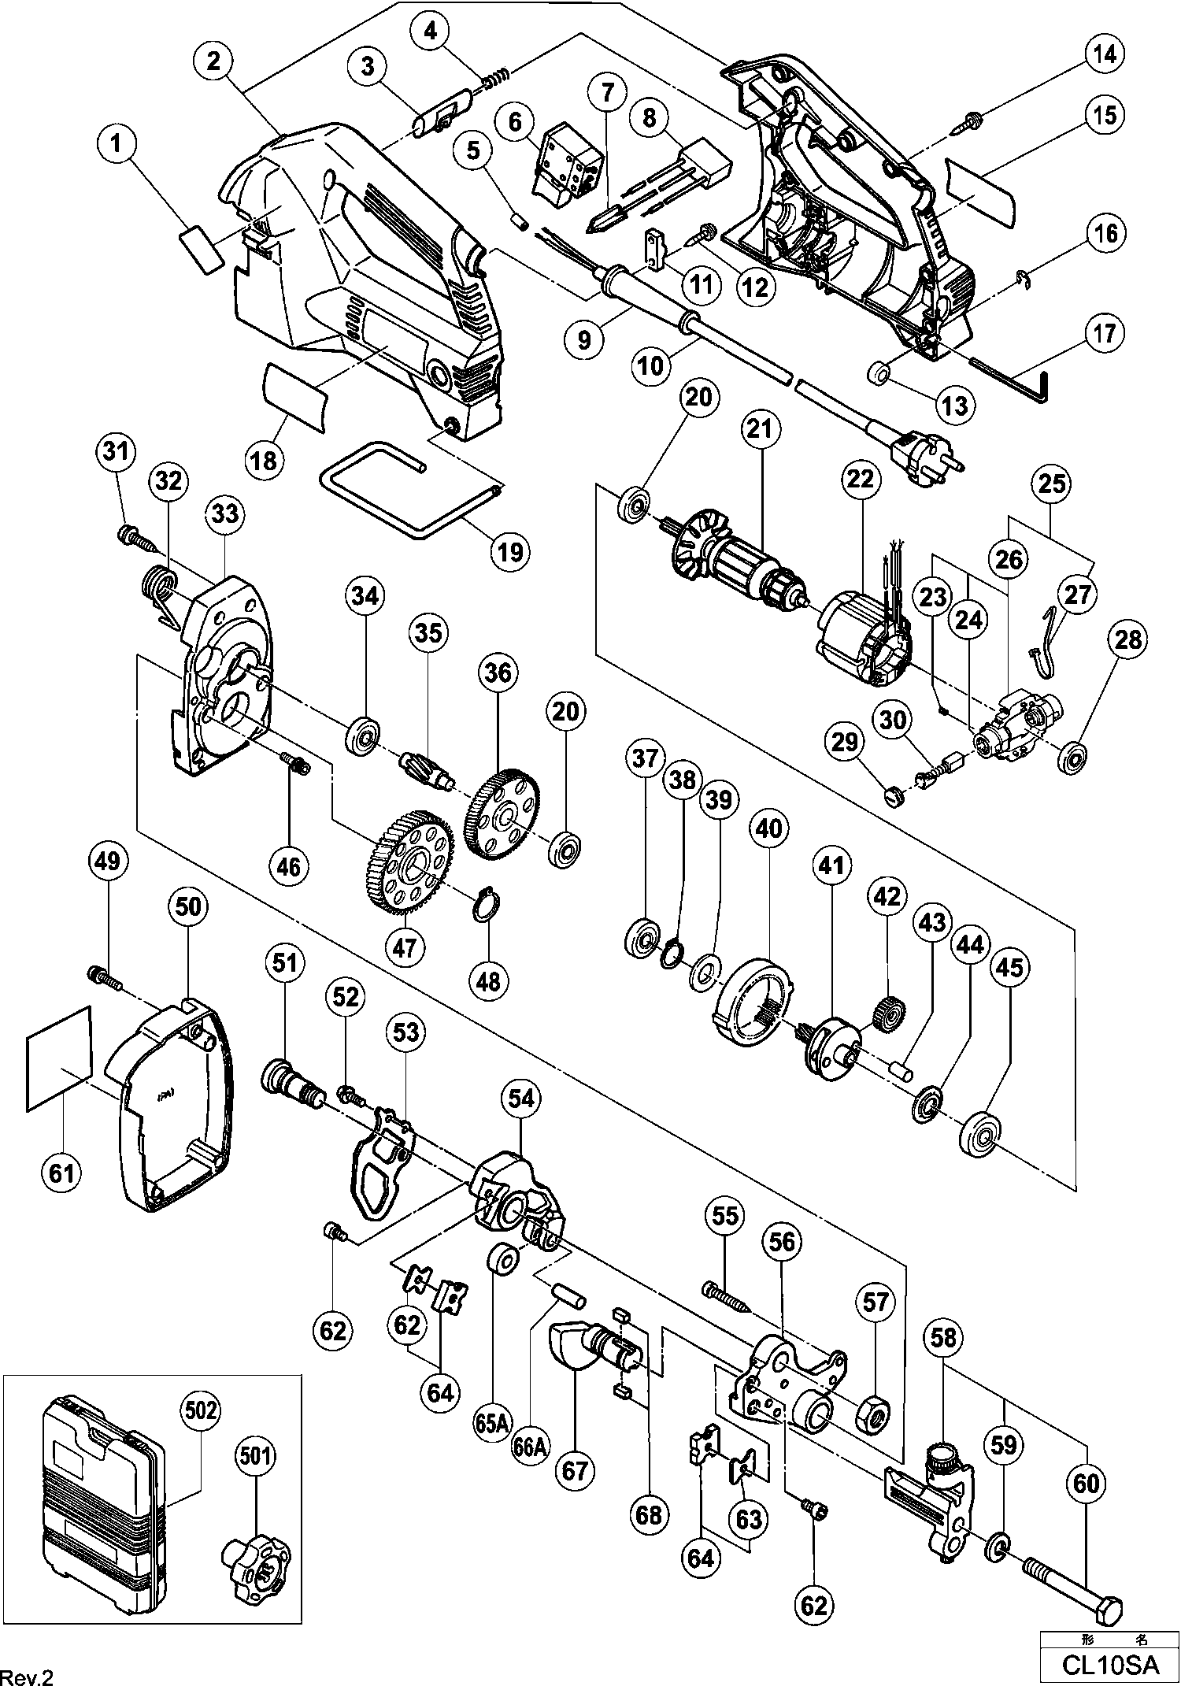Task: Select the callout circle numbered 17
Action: pos(1105,333)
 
